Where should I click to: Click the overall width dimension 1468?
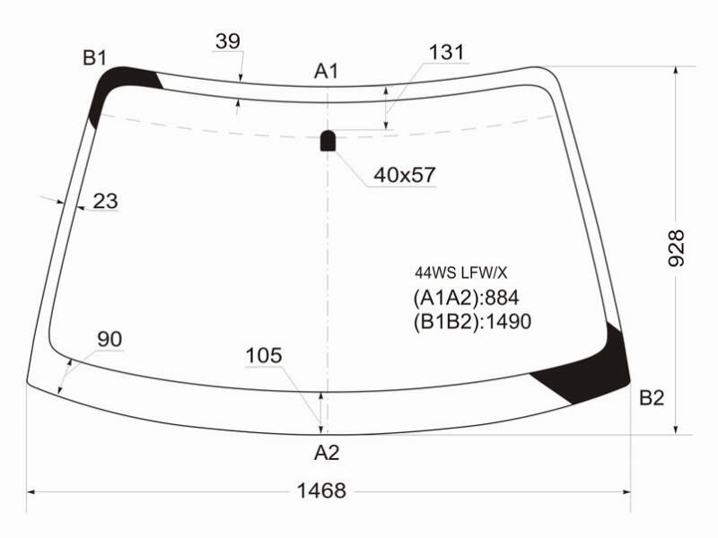(321, 490)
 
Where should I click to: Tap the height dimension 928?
(676, 248)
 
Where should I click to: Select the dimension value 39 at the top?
(228, 41)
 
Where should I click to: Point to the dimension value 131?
(446, 52)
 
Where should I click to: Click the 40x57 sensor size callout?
(405, 175)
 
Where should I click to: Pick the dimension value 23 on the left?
(105, 201)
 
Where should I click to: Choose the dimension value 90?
(109, 339)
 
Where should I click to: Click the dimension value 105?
(264, 355)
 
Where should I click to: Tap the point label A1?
(327, 71)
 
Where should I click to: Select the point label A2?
(327, 453)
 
